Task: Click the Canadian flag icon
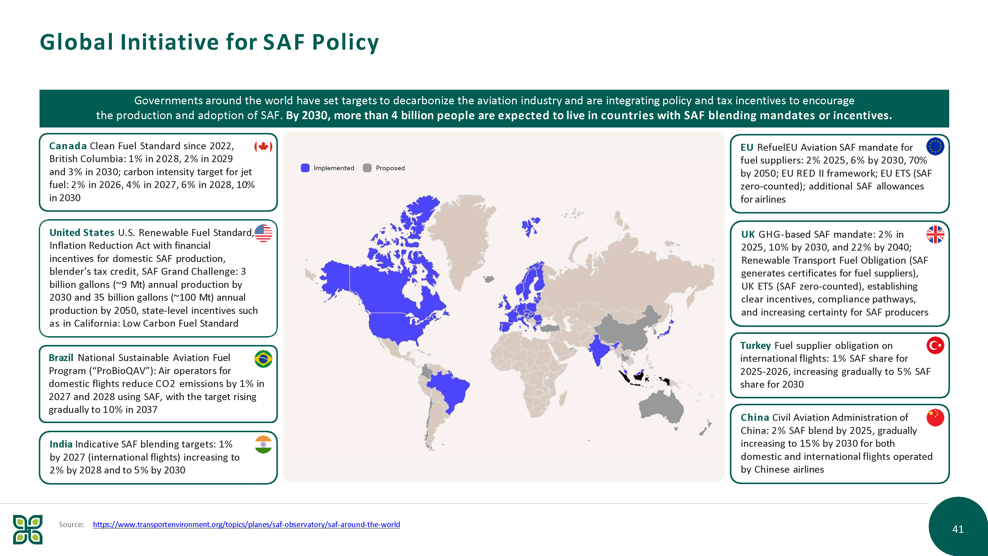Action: point(263,147)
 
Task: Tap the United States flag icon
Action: point(263,233)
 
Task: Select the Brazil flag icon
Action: point(263,359)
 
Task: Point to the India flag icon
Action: point(263,444)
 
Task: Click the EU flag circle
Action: point(935,146)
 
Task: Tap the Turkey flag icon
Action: point(935,345)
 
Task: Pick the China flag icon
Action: point(935,417)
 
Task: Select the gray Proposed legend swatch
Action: point(367,168)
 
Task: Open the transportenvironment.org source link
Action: point(246,525)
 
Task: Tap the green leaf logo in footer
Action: point(28,530)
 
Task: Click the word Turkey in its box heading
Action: point(755,346)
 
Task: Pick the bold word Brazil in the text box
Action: point(61,358)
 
